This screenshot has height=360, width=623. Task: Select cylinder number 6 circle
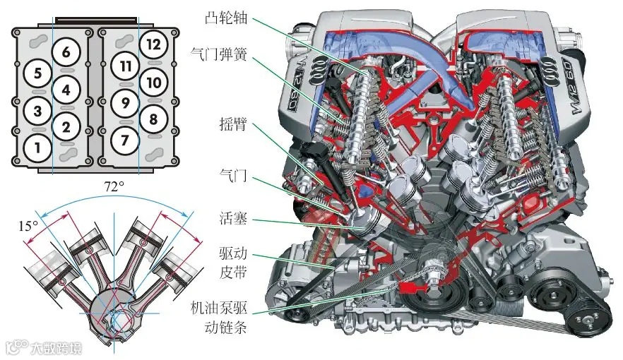pyautogui.click(x=66, y=52)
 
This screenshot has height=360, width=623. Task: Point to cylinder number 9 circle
pyautogui.click(x=124, y=102)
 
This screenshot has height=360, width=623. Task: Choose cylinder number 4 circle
pyautogui.click(x=66, y=90)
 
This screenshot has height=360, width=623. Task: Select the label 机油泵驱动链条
pyautogui.click(x=218, y=318)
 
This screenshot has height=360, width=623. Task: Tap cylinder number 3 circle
pyautogui.click(x=37, y=112)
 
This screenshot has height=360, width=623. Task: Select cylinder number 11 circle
pyautogui.click(x=125, y=66)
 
